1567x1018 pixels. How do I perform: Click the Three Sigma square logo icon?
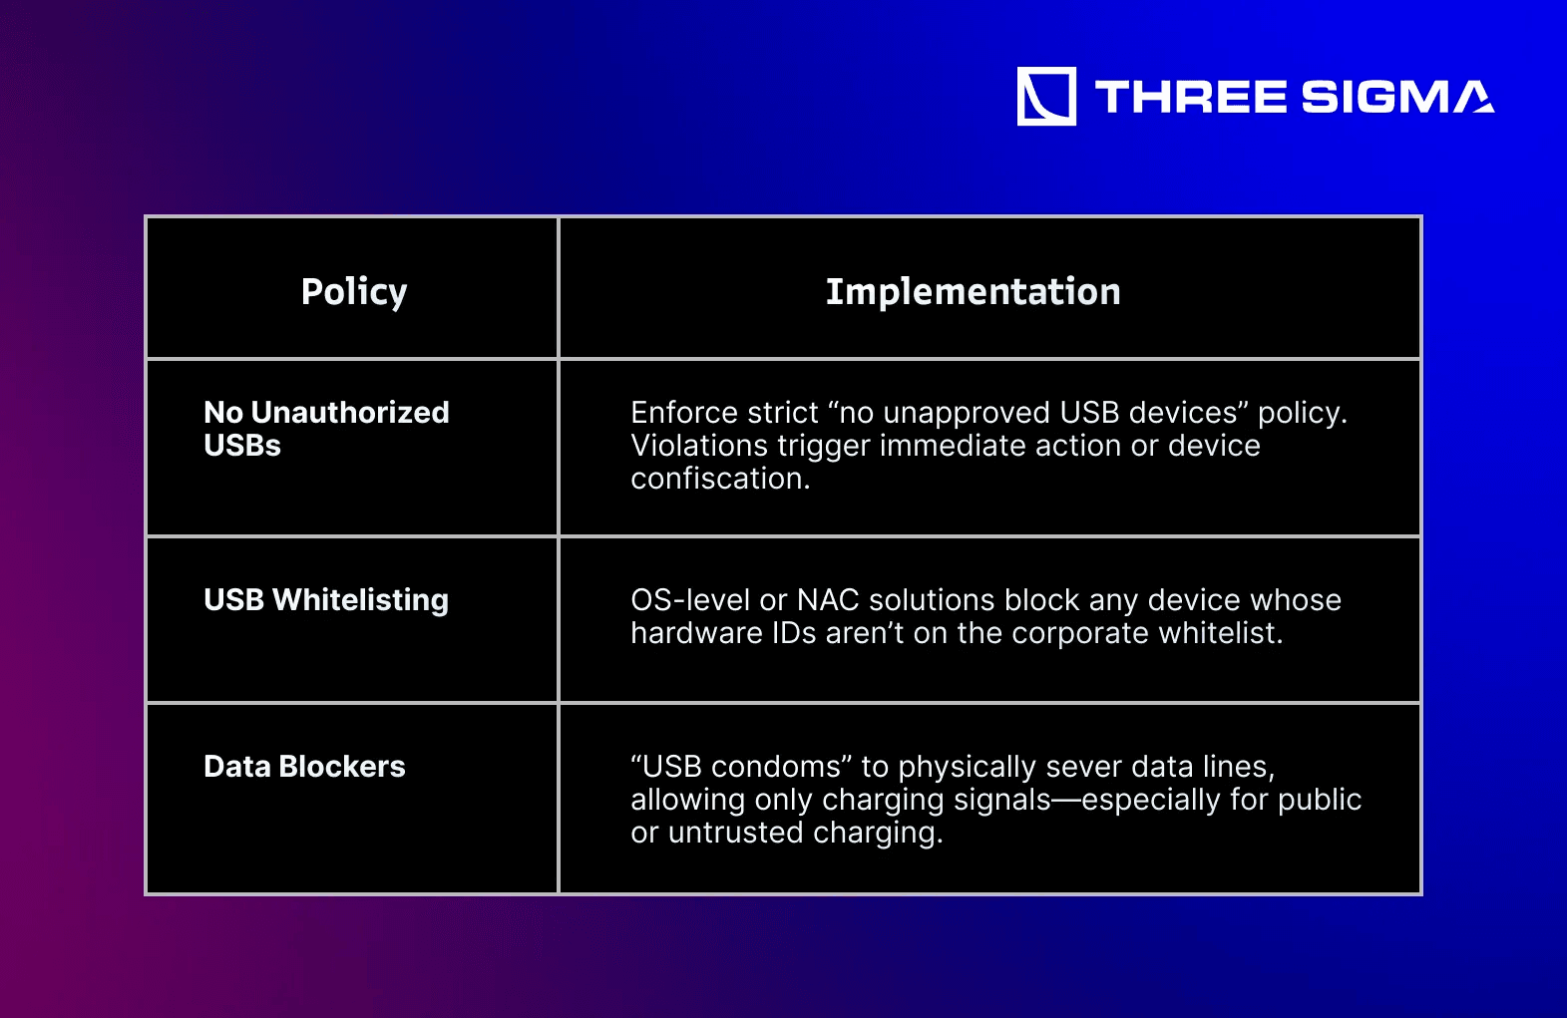1046,97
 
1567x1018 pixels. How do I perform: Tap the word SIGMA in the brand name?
1398,97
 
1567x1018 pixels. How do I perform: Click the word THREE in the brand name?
1190,97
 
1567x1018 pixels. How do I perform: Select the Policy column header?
354,291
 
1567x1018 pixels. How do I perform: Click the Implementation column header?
974,291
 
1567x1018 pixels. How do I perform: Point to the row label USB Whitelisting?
326,600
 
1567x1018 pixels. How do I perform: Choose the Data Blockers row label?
304,767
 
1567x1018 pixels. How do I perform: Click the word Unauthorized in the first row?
350,413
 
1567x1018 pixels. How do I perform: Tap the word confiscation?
720,479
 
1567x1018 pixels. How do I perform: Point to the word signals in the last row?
1002,801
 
